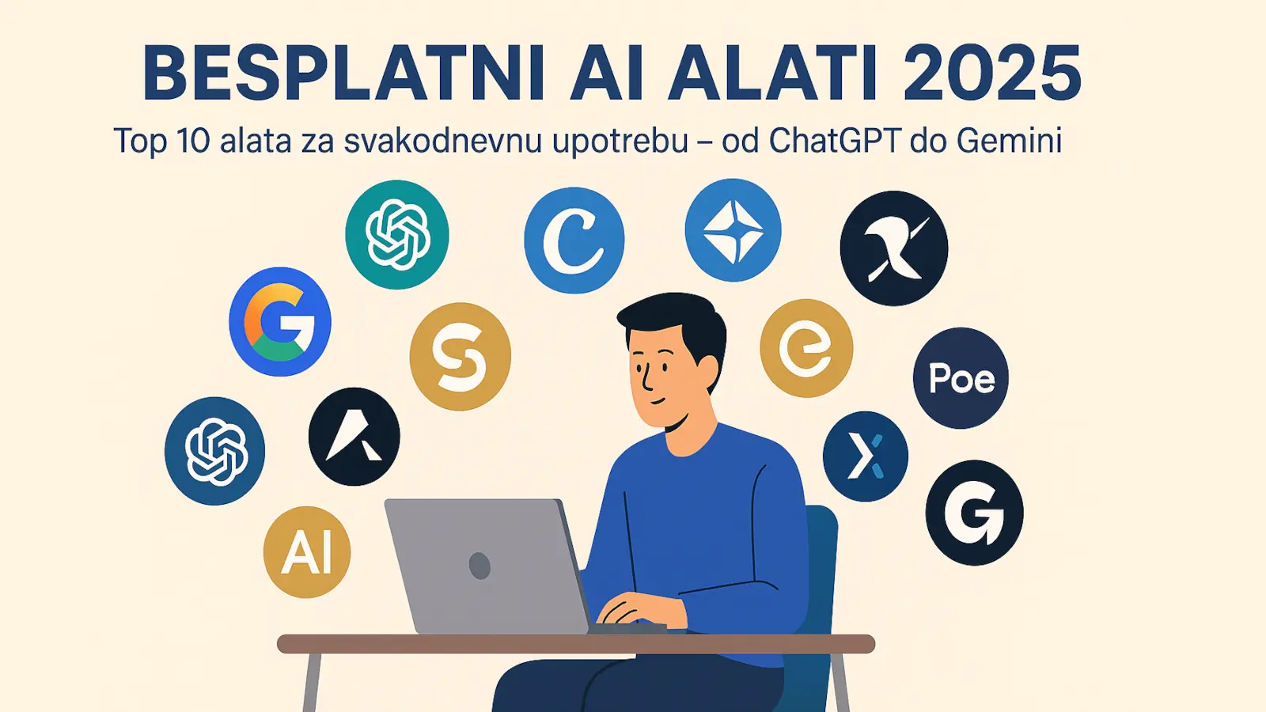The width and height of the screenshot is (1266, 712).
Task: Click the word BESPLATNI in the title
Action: click(343, 74)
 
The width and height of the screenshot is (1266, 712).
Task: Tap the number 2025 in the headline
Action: click(992, 74)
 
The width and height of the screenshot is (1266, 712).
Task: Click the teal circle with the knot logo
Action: click(396, 234)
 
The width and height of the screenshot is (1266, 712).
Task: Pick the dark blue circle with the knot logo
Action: click(214, 451)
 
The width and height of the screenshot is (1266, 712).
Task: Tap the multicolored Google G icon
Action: click(280, 321)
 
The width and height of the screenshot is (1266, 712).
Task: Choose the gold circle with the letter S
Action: click(460, 357)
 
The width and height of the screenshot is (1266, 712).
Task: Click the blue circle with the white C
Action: click(574, 240)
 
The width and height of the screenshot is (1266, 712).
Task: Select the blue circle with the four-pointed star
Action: click(733, 230)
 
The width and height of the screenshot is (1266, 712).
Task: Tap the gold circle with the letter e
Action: click(806, 348)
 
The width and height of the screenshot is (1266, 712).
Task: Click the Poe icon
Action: click(961, 378)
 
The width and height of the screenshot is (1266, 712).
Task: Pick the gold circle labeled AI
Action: click(307, 552)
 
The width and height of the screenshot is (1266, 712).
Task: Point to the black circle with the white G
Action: click(974, 513)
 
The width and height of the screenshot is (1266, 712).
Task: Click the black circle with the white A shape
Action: click(354, 436)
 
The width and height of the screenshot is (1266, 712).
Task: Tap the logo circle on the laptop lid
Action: click(479, 566)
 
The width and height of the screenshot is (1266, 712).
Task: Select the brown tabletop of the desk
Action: click(576, 644)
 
